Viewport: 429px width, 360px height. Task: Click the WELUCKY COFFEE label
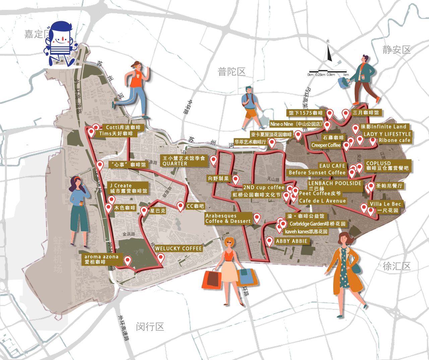pos(178,249)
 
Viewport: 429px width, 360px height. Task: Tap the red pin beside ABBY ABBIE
pos(269,241)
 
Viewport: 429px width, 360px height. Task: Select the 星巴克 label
pos(157,211)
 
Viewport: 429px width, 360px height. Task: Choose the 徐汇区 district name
pos(396,266)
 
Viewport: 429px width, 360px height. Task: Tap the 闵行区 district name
pos(150,326)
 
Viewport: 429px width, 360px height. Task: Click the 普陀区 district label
pos(232,71)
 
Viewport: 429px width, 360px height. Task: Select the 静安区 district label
pos(396,50)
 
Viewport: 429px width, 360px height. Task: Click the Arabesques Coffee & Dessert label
pos(228,218)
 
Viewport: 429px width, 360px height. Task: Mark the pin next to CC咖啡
pos(180,206)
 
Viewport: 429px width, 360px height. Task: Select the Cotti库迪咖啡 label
pos(123,127)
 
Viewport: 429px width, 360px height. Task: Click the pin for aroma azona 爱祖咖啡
pos(127,260)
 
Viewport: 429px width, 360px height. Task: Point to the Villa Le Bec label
pos(385,204)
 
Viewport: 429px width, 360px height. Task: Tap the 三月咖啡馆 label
pos(366,113)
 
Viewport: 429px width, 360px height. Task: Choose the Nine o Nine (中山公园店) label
pos(296,124)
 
